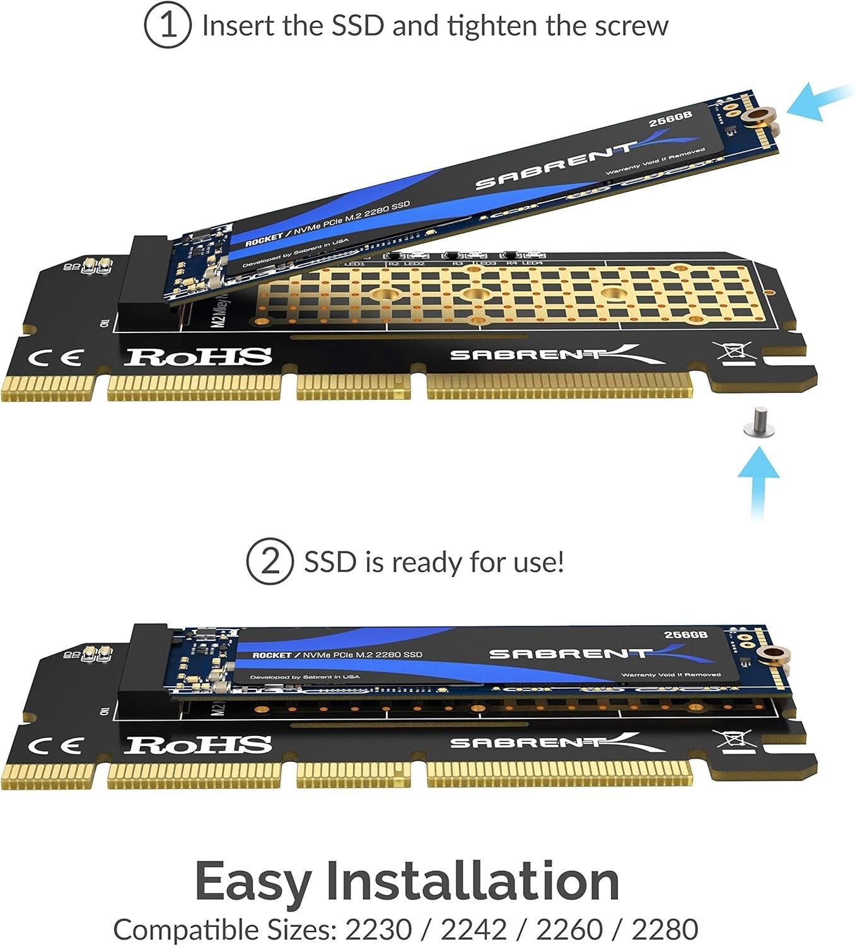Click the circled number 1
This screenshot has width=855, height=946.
pos(167,26)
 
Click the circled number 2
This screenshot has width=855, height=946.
pos(269,561)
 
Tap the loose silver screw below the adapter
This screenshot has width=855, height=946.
pos(755,423)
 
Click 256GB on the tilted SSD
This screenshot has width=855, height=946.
pos(671,119)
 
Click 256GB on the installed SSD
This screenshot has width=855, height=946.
pos(686,634)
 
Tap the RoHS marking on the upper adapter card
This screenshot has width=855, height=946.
pos(198,357)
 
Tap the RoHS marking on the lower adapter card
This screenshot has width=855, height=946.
pos(198,745)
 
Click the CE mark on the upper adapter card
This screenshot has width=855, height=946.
pos(55,358)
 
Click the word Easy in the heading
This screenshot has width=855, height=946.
pos(252,881)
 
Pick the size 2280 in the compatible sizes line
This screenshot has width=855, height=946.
pos(665,929)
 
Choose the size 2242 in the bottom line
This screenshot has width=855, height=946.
pos(474,929)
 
